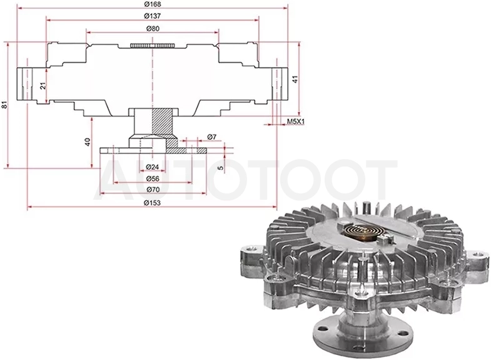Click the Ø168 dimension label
point(153,4)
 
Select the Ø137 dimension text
point(153,16)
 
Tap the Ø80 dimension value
point(153,29)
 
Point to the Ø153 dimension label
point(152,203)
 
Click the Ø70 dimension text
point(153,190)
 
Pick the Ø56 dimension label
point(153,178)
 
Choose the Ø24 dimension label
point(153,167)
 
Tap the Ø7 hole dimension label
point(211,137)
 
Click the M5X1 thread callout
point(296,121)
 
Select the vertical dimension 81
point(5,105)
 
